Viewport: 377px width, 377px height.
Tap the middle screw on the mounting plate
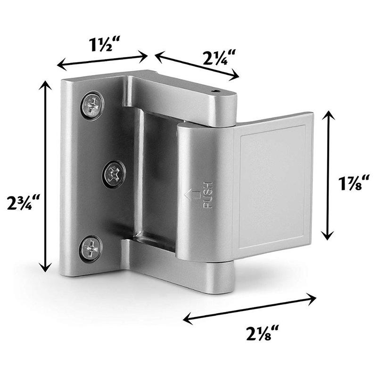pos(114,172)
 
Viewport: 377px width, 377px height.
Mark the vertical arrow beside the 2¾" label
pos(45,176)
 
